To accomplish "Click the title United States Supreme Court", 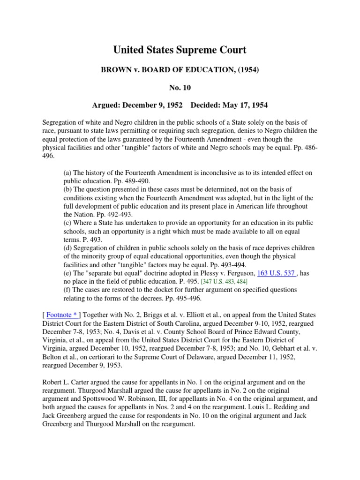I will (180, 50).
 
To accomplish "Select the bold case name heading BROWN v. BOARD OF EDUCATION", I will (180, 70).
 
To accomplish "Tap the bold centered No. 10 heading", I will (180, 87).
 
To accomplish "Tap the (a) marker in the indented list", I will (67, 173).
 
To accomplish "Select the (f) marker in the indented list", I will (67, 290).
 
